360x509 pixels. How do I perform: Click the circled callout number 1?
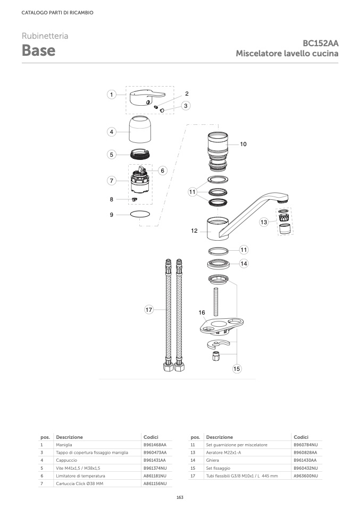coord(112,95)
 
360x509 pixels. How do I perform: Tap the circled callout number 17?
coord(149,310)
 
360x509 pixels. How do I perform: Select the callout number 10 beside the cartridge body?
coord(244,144)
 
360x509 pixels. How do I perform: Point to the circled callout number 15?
coord(237,368)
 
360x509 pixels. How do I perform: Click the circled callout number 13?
coord(264,222)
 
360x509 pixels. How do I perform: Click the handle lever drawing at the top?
coord(147,97)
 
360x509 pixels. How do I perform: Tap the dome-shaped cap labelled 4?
coord(140,129)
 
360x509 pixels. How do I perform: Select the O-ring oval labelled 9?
coord(140,214)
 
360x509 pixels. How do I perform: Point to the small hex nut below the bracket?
coord(216,356)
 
